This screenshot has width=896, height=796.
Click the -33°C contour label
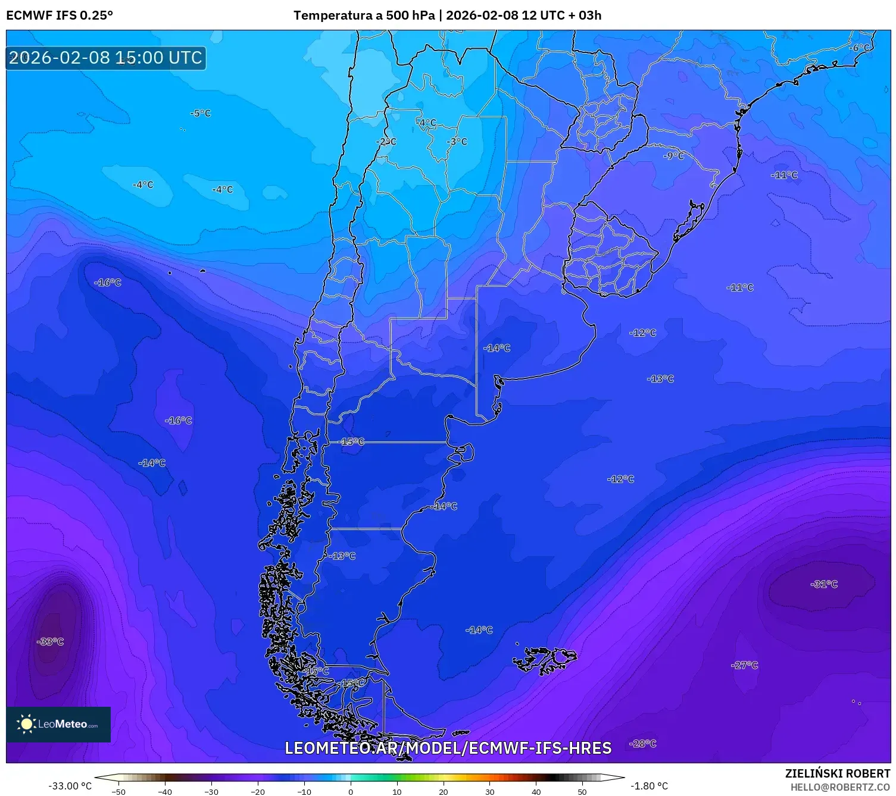[51, 641]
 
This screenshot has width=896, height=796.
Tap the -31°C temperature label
[824, 584]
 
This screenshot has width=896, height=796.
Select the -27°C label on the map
[744, 665]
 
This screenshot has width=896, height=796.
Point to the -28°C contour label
[643, 744]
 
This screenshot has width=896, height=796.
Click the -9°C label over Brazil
[674, 156]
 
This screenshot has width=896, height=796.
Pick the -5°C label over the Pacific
[201, 114]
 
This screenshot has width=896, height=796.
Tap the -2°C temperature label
[386, 142]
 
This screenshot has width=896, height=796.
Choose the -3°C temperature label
[457, 142]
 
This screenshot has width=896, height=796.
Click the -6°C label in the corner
[860, 48]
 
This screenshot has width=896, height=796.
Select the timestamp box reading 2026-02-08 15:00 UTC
[106, 58]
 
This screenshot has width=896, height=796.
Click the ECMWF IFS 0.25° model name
[60, 15]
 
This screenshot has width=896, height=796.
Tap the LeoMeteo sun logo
[26, 724]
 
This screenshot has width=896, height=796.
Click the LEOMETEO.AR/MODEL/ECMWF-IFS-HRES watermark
[448, 748]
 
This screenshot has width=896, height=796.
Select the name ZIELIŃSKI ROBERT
[837, 773]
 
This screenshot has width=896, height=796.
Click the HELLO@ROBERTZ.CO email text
[840, 787]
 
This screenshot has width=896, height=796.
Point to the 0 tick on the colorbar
[351, 791]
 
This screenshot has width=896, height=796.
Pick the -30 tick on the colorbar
[211, 791]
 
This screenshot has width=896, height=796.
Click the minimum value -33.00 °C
[70, 786]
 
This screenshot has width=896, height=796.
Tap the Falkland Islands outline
[545, 659]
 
